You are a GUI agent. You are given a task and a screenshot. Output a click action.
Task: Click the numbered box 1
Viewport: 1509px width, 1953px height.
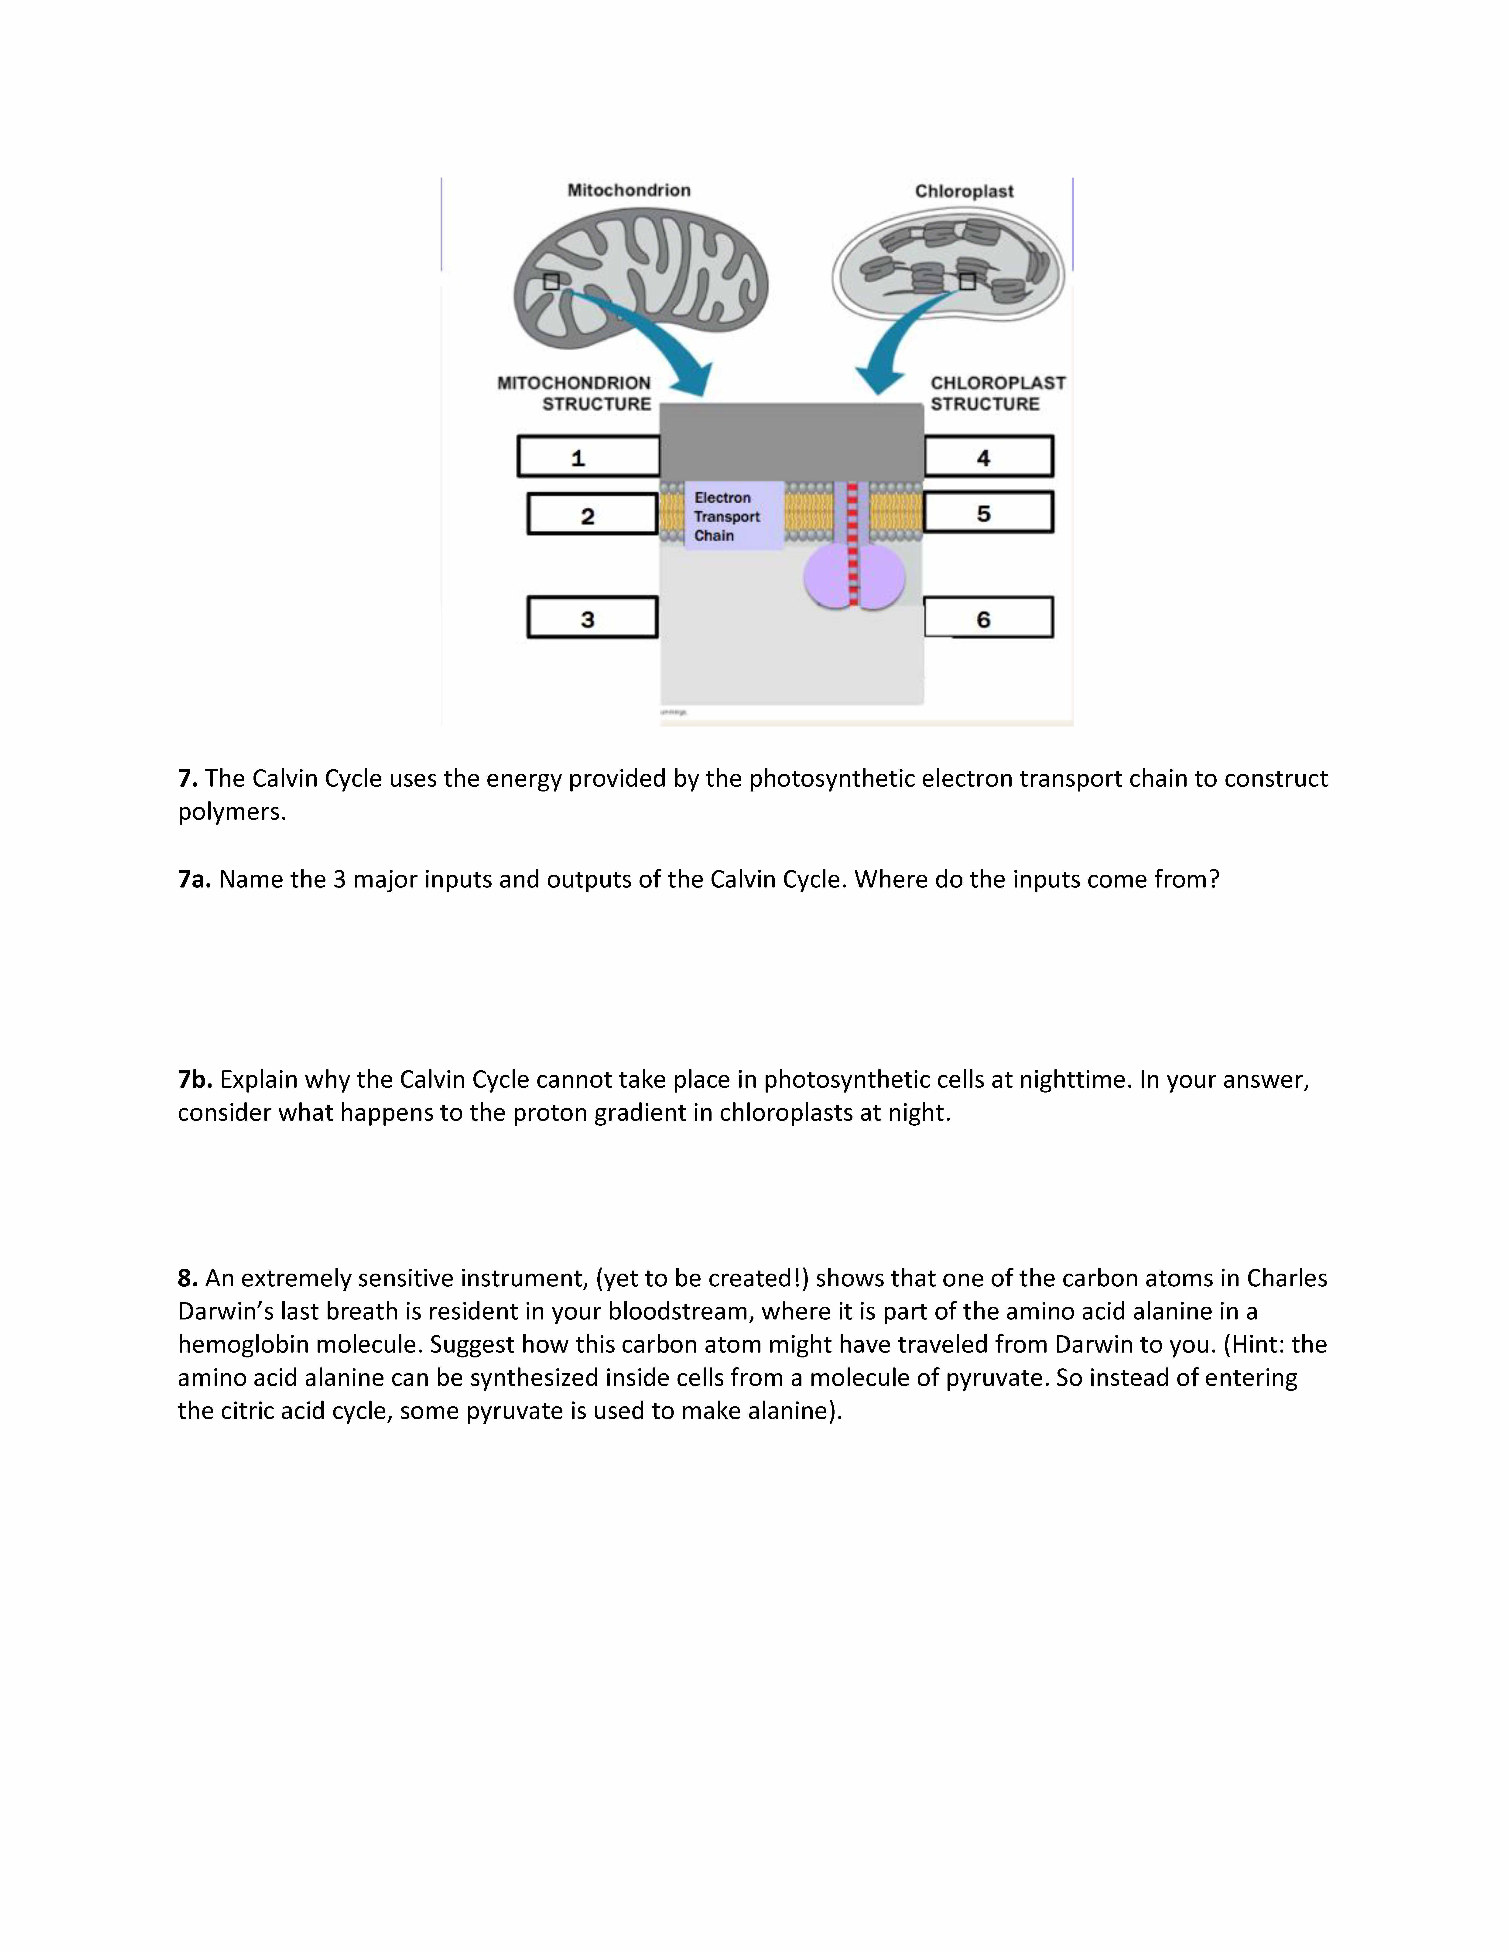[588, 457]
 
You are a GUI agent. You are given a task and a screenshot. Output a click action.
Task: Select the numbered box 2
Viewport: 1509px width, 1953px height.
[592, 515]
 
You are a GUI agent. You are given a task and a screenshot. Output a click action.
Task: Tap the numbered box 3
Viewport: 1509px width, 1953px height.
[592, 618]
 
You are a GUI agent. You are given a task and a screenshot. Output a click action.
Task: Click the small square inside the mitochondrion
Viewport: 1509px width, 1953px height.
[551, 282]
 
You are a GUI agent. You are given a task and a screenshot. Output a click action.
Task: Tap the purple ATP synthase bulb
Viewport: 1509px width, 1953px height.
[854, 579]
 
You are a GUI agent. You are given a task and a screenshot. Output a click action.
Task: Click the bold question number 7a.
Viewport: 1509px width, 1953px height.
[194, 880]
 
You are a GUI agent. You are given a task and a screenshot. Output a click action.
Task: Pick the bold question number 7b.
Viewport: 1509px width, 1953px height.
[195, 1080]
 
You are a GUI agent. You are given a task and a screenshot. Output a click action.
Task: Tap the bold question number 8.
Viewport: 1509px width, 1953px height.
[187, 1279]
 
